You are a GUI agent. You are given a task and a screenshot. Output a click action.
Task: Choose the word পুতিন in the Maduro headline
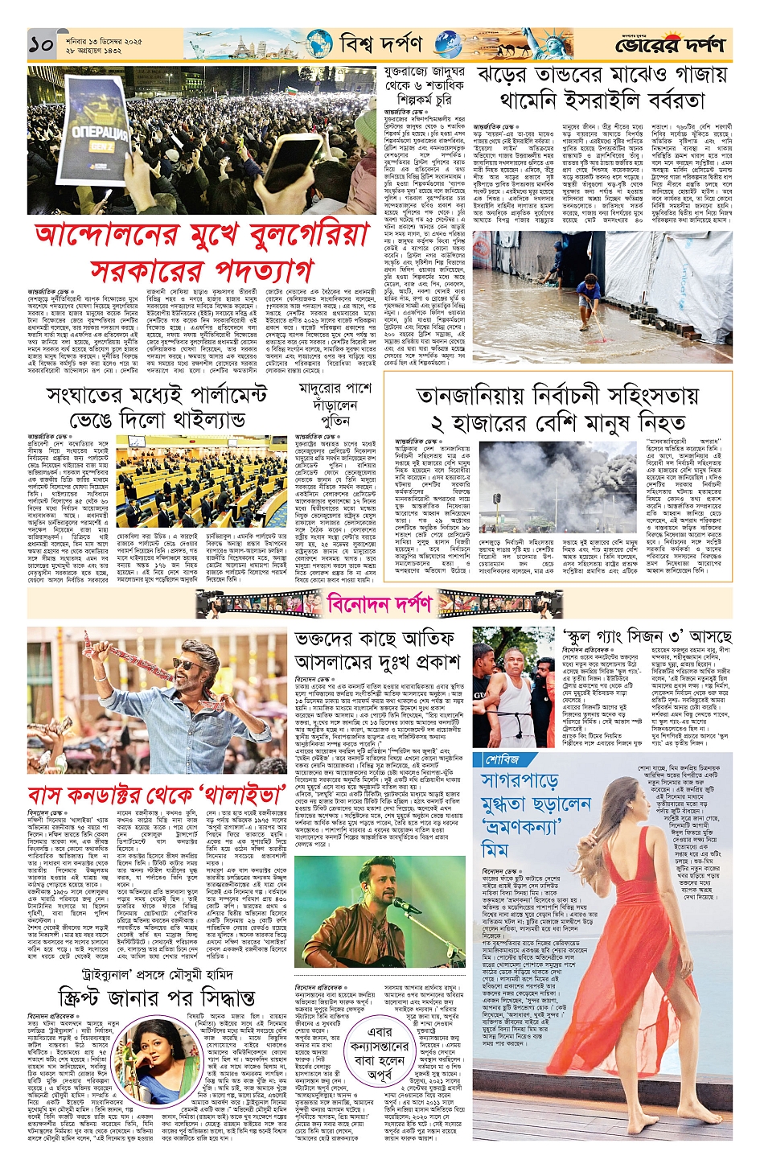(335, 422)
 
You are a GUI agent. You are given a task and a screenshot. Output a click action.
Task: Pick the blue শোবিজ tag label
(502, 759)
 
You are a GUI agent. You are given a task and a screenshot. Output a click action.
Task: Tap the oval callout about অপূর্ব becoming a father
(380, 1055)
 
